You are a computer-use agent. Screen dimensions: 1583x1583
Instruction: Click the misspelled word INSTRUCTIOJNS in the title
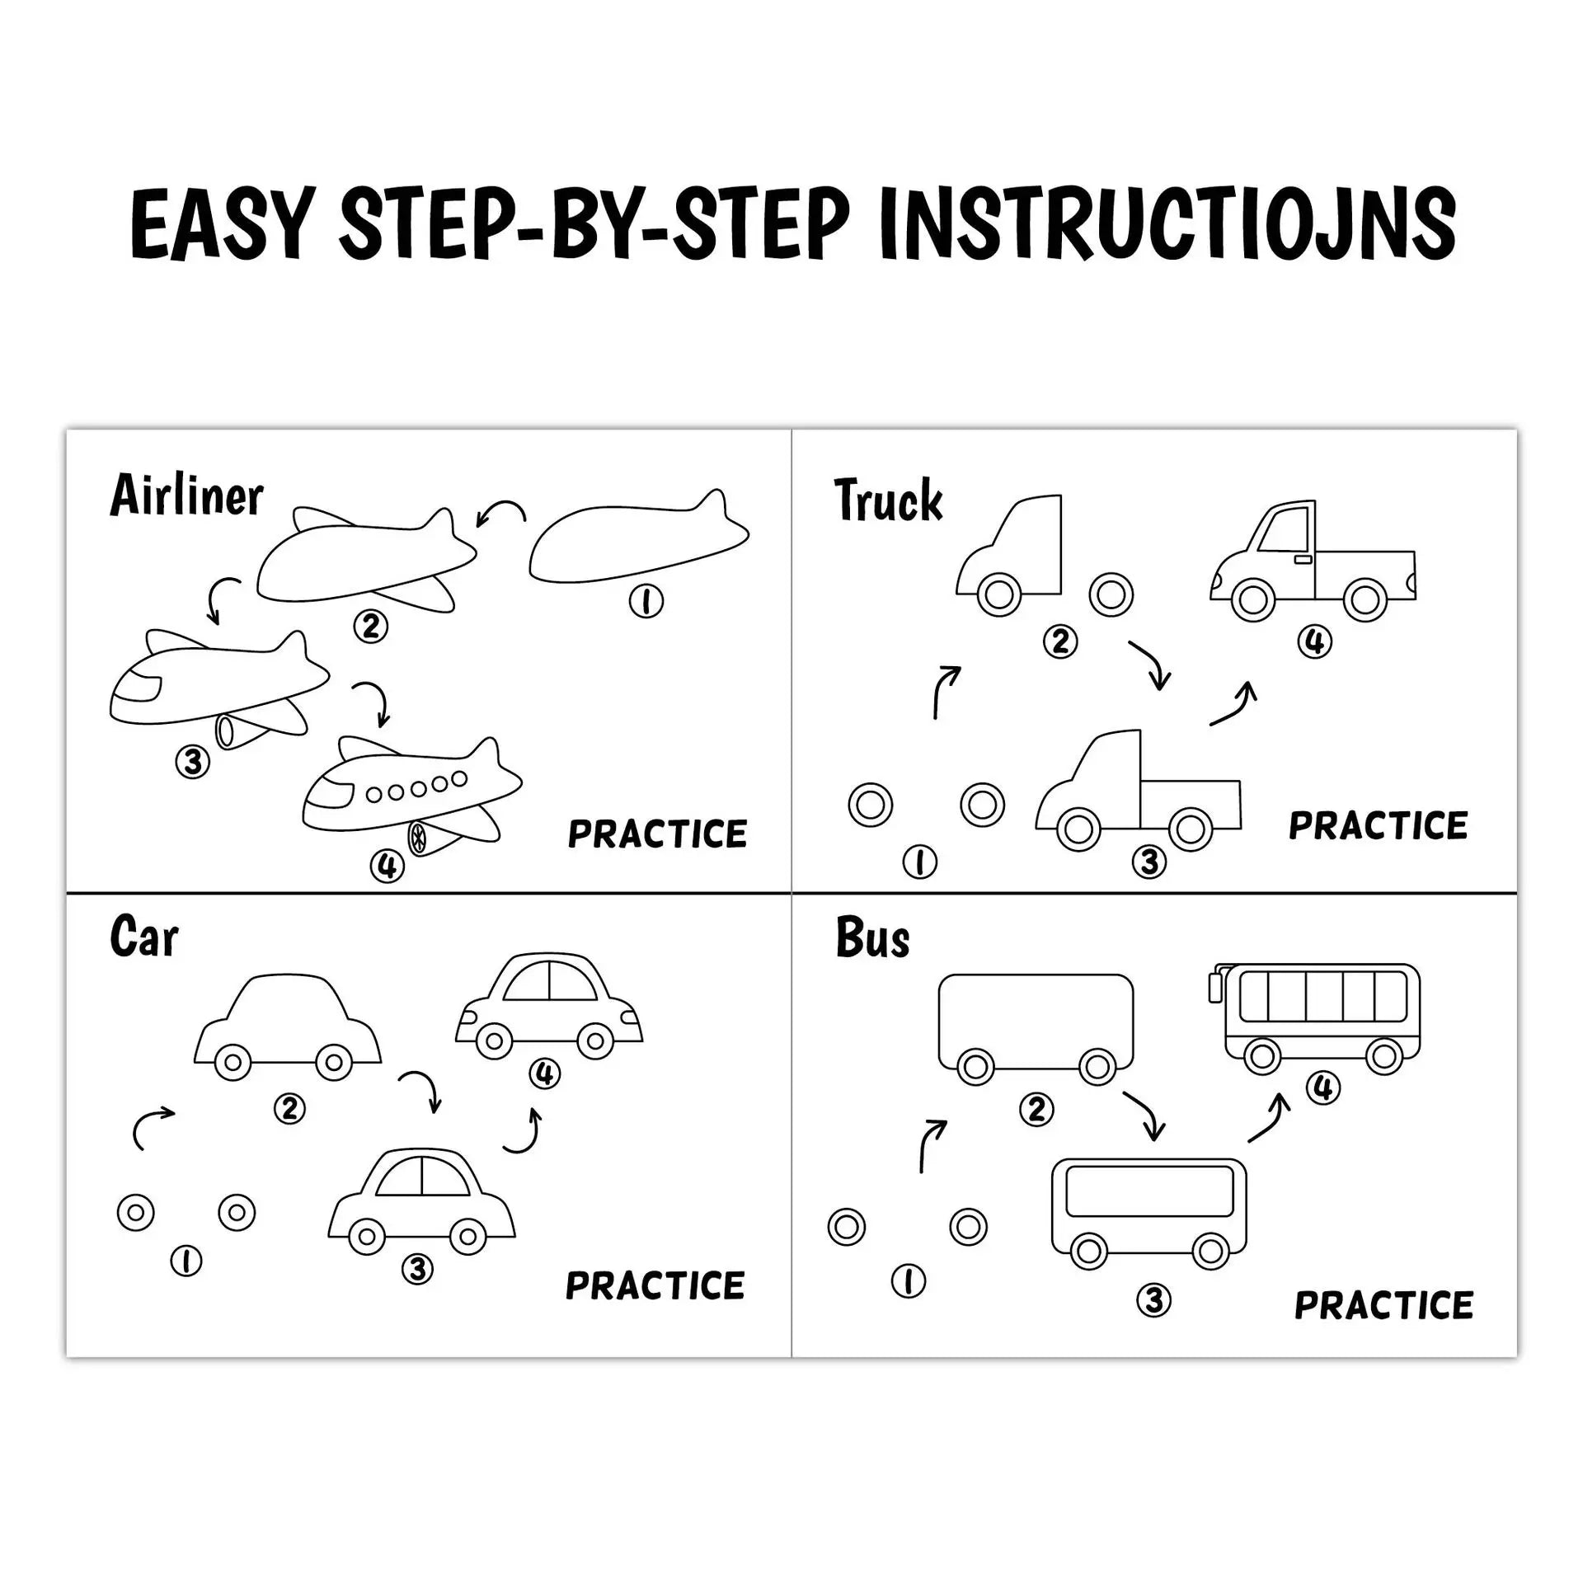pyautogui.click(x=1167, y=224)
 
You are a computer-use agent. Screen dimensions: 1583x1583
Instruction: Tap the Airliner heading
pyautogui.click(x=186, y=496)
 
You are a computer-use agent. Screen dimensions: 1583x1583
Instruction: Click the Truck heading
pyautogui.click(x=888, y=500)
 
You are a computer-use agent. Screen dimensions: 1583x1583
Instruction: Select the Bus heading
pyautogui.click(x=872, y=938)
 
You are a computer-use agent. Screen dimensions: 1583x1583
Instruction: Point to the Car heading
pyautogui.click(x=143, y=937)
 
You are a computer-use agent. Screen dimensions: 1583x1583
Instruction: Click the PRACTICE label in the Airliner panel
pyautogui.click(x=657, y=834)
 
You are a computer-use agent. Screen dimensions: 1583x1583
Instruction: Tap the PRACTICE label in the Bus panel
pyautogui.click(x=1383, y=1305)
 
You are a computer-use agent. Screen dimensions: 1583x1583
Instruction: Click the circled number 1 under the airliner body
pyautogui.click(x=646, y=602)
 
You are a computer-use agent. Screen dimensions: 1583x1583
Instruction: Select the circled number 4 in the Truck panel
pyautogui.click(x=1314, y=641)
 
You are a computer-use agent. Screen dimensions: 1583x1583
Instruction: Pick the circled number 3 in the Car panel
pyautogui.click(x=417, y=1269)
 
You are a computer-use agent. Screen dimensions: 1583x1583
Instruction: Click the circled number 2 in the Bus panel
pyautogui.click(x=1036, y=1109)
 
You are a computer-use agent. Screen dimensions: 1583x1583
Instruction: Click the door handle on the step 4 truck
pyautogui.click(x=1303, y=560)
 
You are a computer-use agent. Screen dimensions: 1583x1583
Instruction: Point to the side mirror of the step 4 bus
pyautogui.click(x=1214, y=987)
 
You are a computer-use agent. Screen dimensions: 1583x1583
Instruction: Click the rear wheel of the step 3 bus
pyautogui.click(x=1210, y=1252)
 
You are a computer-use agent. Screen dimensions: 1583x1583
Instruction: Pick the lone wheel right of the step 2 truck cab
pyautogui.click(x=1111, y=594)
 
